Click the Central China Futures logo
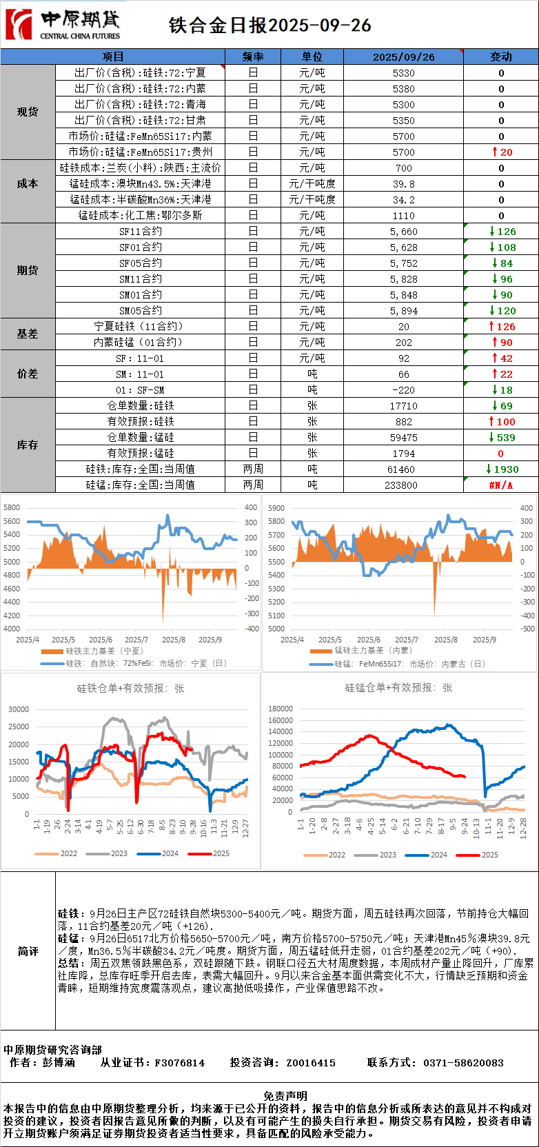(62, 25)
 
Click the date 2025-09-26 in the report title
(320, 26)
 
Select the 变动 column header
(501, 57)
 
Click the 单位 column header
(312, 57)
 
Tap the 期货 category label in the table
(28, 270)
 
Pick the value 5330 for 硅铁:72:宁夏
(403, 72)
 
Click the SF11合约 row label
(141, 232)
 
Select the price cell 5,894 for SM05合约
(403, 311)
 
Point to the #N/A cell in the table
(501, 485)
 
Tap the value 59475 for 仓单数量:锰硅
(403, 438)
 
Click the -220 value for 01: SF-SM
(403, 390)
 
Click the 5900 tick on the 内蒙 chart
(276, 508)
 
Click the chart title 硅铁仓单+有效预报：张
(131, 688)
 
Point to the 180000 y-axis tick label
(281, 709)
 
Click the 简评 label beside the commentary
(28, 951)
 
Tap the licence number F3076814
(179, 1063)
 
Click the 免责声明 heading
(285, 1096)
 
